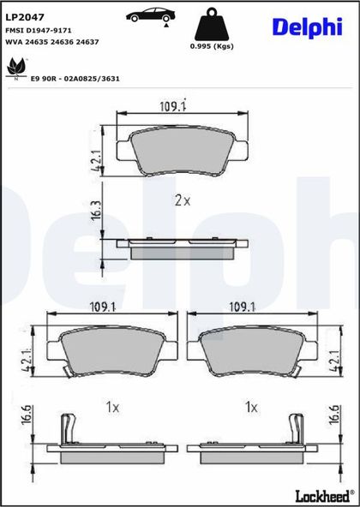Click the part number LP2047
click(24, 17)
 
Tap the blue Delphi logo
click(307, 27)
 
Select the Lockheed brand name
click(325, 495)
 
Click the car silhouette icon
click(151, 15)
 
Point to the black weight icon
click(212, 24)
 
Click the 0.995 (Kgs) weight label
click(212, 46)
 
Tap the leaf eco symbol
click(15, 68)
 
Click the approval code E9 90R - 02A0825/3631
click(75, 79)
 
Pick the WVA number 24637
click(88, 42)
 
